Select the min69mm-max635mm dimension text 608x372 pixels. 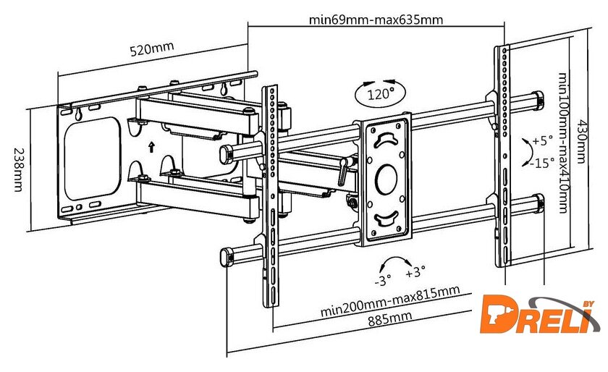coord(376,20)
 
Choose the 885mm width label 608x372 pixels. coord(387,318)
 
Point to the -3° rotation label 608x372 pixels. coord(382,279)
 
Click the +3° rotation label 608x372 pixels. coord(415,273)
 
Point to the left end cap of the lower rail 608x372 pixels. coord(225,256)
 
